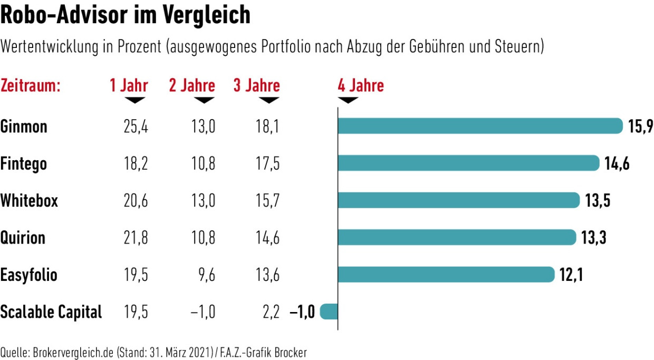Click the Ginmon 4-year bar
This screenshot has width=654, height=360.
coord(480,126)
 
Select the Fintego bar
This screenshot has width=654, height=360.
coord(468,163)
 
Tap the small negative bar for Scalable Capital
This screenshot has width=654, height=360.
coord(329,312)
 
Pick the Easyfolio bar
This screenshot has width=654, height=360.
coord(446,275)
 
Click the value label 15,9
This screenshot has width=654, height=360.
coord(640,127)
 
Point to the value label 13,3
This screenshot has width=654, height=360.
coord(594,238)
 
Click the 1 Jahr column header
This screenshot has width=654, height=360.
coord(129,85)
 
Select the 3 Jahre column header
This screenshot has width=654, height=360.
coord(256,85)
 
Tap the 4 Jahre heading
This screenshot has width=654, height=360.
coord(361,85)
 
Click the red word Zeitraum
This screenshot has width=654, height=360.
coord(31,85)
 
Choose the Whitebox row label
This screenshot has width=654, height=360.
coord(29,201)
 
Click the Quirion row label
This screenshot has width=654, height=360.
coord(23,238)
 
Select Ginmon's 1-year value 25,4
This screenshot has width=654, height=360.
coord(134,127)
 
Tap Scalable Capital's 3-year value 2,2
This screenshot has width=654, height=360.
coord(270,312)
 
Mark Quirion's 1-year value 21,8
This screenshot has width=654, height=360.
coord(134,238)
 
